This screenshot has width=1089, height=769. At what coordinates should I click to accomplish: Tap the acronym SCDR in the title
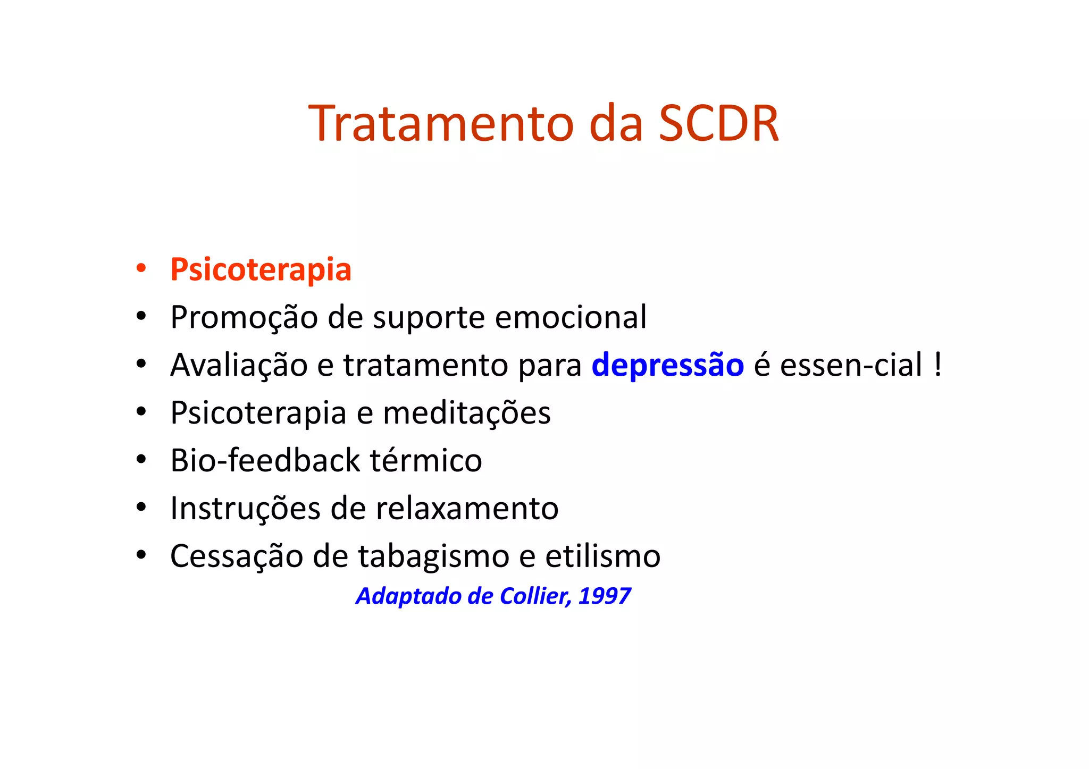718,123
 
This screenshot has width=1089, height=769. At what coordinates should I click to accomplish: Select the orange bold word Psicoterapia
261,269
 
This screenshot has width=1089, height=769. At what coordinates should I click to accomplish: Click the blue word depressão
667,365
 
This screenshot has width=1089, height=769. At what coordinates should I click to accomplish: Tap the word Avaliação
239,365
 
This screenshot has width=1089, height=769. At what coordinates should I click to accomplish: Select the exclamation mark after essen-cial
937,365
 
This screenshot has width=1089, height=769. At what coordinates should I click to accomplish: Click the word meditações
466,413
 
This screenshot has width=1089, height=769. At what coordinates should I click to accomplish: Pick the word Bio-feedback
265,460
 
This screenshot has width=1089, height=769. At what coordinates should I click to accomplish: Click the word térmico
426,460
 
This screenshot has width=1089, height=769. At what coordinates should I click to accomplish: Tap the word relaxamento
467,508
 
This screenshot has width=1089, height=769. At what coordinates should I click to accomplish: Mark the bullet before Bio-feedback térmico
141,459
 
